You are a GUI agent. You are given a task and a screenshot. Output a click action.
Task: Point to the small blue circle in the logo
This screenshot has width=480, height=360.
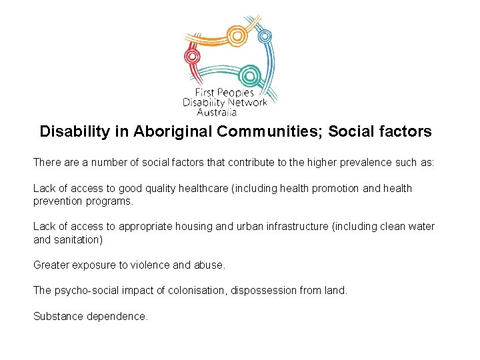[x=265, y=36]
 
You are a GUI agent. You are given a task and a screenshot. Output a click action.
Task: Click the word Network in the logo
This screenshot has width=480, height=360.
[x=246, y=103]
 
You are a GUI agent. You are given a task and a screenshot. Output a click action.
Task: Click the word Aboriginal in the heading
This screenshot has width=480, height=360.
[x=173, y=131]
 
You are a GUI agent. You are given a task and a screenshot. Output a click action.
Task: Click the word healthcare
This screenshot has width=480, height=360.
[x=201, y=189]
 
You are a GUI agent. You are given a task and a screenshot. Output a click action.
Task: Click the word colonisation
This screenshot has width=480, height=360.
[x=195, y=291]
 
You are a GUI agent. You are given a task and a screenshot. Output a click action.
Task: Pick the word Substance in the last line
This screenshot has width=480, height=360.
[x=58, y=317]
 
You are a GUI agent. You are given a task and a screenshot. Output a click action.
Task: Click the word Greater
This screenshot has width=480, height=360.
[x=51, y=265]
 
